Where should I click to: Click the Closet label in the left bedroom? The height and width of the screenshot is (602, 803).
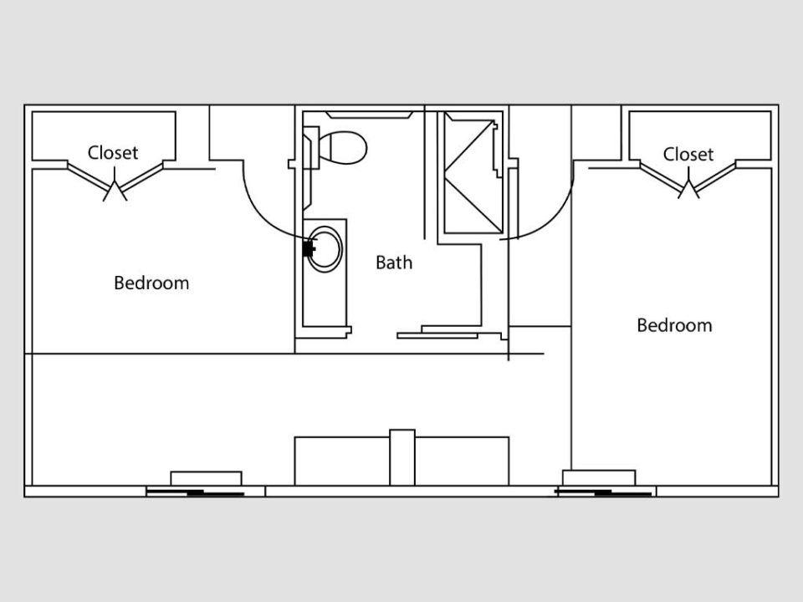pos(113,152)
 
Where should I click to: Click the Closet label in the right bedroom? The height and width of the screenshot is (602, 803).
pos(688,154)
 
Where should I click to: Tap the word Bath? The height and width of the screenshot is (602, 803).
pos(394,263)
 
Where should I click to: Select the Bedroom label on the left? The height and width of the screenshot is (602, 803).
pos(151,283)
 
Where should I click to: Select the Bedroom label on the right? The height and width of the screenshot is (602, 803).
pos(674,325)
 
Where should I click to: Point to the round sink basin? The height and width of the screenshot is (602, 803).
pos(325,249)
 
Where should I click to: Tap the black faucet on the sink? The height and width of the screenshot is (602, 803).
pos(309,249)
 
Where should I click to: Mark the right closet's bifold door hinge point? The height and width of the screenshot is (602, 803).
pos(688,183)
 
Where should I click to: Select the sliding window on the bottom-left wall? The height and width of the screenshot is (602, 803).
pos(195,492)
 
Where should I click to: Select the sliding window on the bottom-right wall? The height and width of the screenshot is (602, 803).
pos(604,492)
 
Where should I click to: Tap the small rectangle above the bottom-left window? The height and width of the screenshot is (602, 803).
pos(206,478)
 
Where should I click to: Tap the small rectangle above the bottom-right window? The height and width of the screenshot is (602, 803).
pos(599,477)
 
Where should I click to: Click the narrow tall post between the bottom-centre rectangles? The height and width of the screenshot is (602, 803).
pos(402,457)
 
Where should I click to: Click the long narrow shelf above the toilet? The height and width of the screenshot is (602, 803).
pos(369,115)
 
